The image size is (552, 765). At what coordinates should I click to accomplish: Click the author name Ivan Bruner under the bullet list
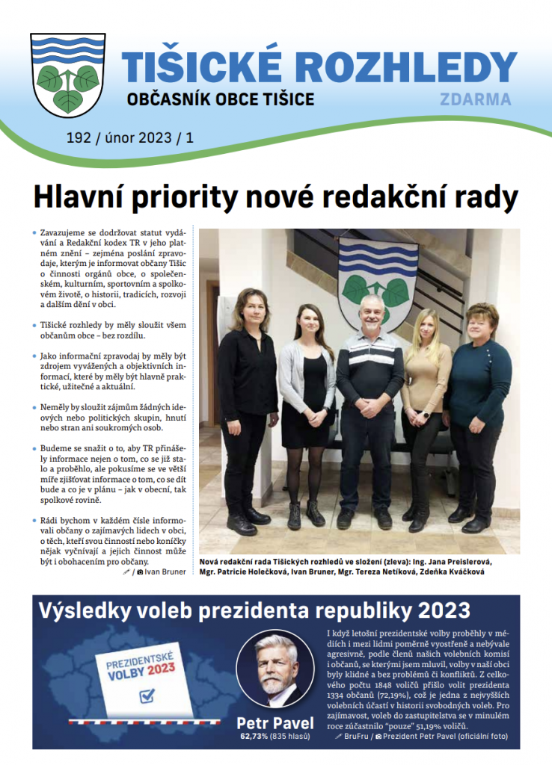[x=166, y=572]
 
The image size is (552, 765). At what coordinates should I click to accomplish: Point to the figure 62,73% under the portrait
[x=256, y=737]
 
